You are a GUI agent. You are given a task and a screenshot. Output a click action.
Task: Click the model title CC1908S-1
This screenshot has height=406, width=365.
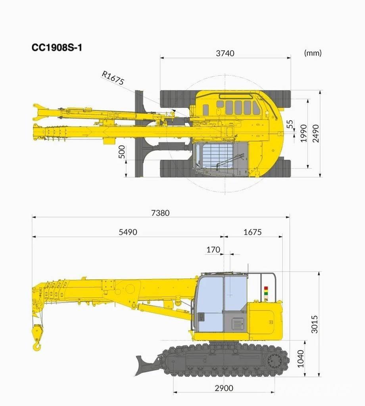[x=57, y=48]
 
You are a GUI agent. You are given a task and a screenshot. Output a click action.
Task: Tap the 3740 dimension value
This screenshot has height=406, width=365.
[x=225, y=53]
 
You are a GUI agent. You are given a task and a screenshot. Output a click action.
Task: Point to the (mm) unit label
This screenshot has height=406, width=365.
[x=313, y=53]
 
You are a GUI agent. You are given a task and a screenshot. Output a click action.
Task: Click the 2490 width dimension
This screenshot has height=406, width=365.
[x=316, y=133]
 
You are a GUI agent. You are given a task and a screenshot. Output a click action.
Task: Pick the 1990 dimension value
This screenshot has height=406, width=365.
[x=304, y=133]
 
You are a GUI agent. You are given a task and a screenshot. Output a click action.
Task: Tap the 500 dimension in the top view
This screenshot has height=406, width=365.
[x=121, y=152]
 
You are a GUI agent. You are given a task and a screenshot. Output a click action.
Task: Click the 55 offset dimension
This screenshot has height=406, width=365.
[x=291, y=124]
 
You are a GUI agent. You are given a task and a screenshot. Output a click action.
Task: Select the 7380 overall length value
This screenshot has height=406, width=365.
[x=160, y=213]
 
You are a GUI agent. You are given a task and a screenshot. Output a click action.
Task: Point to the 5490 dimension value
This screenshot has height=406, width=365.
[x=128, y=232]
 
